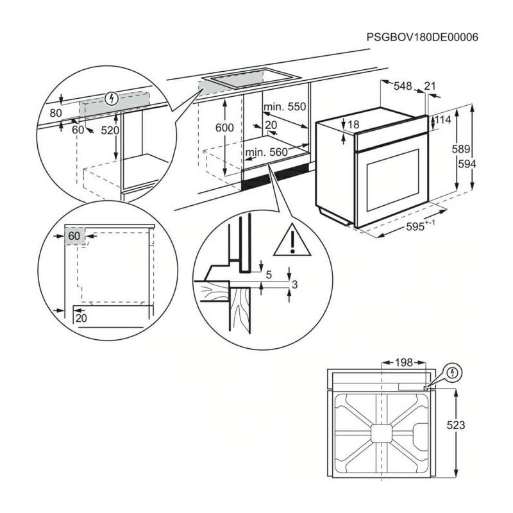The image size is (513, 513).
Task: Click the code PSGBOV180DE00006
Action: coord(422,37)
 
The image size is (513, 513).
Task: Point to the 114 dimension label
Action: coord(443,120)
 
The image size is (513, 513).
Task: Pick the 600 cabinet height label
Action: coord(224,128)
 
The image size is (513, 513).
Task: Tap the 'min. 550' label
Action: coord(285,106)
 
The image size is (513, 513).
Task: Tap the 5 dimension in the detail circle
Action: coord(269,274)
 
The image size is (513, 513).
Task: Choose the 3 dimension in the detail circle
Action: coord(294,284)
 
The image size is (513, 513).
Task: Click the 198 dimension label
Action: coord(403,363)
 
